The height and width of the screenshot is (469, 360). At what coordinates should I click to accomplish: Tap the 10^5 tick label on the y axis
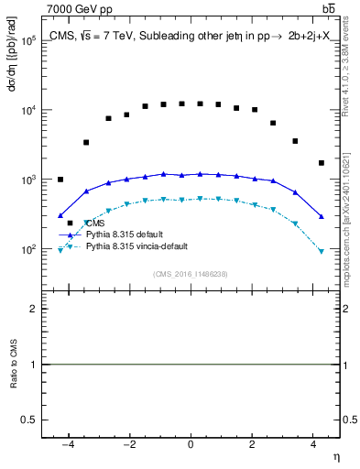click(x=27, y=41)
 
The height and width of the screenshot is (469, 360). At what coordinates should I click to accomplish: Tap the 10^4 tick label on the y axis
click(x=27, y=111)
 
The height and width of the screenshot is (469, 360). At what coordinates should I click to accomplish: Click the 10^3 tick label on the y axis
click(x=27, y=180)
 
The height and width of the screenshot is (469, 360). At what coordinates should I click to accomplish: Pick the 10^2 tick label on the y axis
click(x=27, y=249)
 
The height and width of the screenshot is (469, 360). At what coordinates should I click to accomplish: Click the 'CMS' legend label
click(x=95, y=224)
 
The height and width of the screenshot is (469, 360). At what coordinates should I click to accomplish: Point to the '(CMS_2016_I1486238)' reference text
click(x=191, y=274)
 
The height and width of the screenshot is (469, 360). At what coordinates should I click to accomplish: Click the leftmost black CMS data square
click(x=60, y=180)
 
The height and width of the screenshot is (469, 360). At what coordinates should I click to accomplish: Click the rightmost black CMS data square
click(x=322, y=163)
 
